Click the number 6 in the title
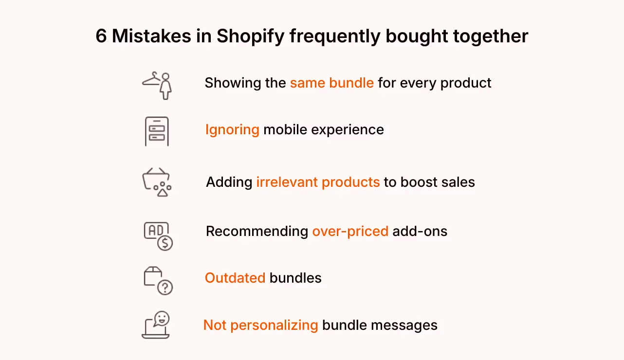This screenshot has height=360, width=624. pos(101,37)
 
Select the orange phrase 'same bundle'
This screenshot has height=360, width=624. pos(331,83)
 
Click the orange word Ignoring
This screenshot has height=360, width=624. pos(232,130)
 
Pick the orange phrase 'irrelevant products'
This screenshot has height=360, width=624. pos(318,182)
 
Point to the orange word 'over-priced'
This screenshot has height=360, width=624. pos(350,231)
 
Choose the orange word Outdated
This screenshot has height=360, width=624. pos(235,278)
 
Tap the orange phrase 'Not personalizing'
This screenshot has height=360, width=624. pos(260,325)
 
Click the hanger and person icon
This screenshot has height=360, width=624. pos(158,85)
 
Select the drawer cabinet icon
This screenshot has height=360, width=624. pos(157,131)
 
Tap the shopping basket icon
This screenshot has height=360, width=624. pos(156,182)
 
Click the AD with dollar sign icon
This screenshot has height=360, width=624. pos(158,236)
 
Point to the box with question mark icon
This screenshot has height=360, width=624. pos(158,281)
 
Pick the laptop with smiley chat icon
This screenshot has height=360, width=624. pos(156,325)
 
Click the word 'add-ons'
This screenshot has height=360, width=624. pos(420,231)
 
